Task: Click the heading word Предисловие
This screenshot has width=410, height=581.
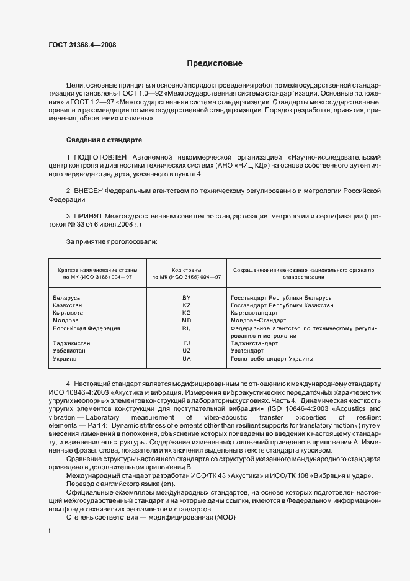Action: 215,63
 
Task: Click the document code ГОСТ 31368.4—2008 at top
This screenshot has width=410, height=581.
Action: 82,45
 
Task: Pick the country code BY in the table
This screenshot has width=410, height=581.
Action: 186,299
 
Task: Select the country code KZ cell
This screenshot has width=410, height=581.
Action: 186,305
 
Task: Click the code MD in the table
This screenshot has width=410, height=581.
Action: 186,320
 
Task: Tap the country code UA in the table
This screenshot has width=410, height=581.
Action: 186,359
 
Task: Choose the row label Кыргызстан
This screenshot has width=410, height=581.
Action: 71,313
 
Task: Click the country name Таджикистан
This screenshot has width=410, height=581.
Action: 73,343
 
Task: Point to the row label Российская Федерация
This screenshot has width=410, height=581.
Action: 87,328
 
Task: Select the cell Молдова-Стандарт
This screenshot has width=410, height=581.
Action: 257,320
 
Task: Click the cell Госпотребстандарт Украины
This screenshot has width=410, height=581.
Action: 272,359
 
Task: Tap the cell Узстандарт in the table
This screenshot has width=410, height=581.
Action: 247,351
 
